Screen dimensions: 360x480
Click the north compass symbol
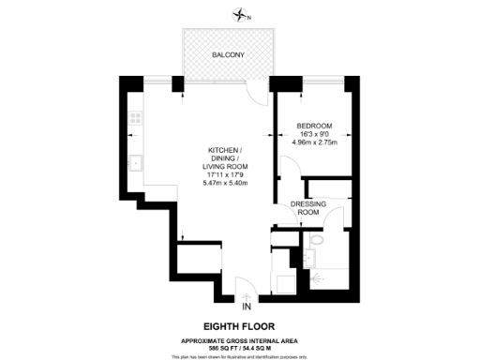243,14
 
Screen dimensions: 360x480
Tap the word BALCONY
229,55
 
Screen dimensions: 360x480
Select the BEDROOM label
313,126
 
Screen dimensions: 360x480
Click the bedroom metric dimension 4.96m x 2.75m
313,143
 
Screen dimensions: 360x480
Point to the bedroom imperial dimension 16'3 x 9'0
313,134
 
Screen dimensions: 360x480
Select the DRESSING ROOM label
307,208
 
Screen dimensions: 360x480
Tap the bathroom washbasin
308,257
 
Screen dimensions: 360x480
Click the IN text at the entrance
247,307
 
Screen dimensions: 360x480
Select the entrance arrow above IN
247,295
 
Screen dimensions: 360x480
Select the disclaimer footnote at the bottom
240,355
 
